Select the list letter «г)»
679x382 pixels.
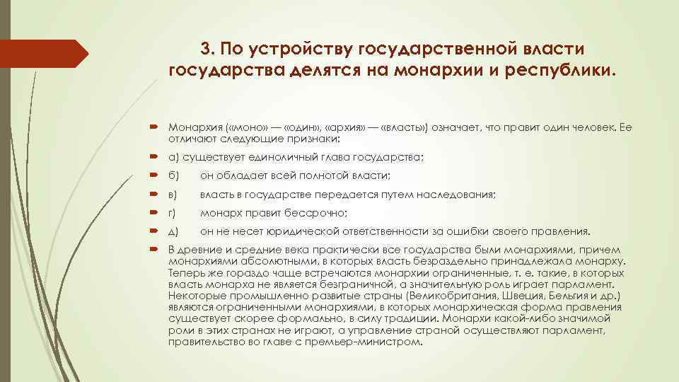[x=173, y=212]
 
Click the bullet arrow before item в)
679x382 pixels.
[x=155, y=194]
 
